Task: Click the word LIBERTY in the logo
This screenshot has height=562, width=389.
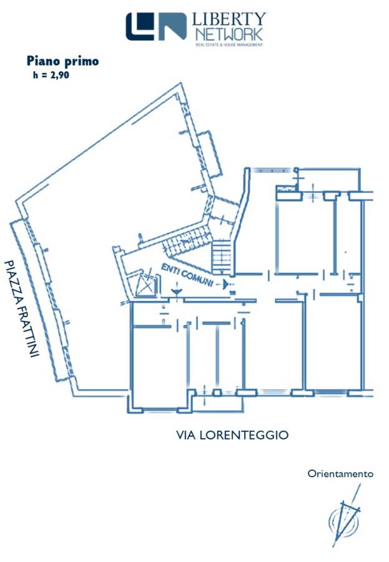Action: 229,19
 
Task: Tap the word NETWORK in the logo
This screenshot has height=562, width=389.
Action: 229,35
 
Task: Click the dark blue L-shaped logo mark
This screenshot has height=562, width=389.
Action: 140,26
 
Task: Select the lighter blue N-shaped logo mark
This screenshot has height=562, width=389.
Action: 172,26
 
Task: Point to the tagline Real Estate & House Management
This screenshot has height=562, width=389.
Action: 229,45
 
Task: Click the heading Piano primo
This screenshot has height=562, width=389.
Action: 62,61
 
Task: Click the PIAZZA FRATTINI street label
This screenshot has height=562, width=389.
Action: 21,308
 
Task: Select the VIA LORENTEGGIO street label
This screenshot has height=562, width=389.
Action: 232,435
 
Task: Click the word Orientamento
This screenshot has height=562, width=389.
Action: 340,474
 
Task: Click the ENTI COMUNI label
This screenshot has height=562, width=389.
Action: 187,275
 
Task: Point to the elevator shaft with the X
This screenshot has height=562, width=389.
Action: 147,285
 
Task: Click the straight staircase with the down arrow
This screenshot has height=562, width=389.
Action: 222,257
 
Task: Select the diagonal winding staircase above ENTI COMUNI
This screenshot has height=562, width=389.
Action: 186,241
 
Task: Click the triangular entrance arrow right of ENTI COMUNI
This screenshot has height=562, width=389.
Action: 225,285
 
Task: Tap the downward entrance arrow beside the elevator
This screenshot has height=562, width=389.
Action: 177,290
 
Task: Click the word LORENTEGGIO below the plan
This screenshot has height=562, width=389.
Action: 244,435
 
